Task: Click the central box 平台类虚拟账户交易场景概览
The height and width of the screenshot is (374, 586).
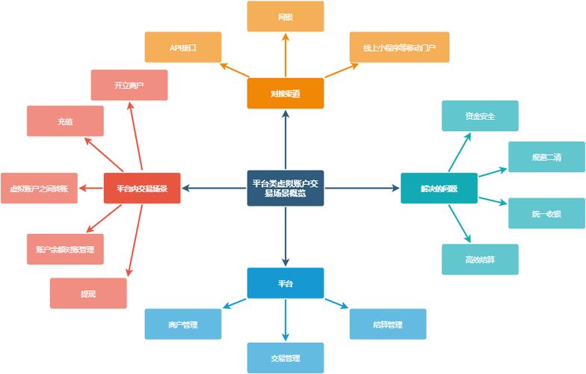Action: tap(286, 188)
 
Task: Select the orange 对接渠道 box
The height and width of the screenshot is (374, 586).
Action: tap(286, 93)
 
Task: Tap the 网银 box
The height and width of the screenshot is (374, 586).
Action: tap(286, 16)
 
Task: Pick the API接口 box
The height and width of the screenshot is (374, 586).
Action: tap(183, 47)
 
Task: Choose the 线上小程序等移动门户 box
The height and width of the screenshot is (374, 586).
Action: tap(399, 47)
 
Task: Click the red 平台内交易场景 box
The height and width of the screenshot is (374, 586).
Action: tap(142, 188)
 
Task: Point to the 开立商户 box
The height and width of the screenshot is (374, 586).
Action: tap(129, 85)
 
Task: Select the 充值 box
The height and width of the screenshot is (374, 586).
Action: tap(65, 121)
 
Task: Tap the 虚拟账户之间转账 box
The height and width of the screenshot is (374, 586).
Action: tap(39, 188)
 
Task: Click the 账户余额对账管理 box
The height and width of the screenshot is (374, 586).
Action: tap(65, 248)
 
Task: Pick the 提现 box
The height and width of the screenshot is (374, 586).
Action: tap(88, 293)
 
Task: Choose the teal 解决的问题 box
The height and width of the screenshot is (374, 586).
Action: tap(439, 188)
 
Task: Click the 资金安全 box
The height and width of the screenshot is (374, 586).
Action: tap(480, 116)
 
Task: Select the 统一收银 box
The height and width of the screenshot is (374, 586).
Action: tap(547, 213)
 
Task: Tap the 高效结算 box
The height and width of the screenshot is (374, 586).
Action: tap(480, 260)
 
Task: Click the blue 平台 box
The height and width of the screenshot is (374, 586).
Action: tap(286, 283)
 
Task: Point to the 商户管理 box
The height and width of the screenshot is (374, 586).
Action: tap(183, 325)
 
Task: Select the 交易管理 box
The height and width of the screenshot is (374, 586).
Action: tap(286, 358)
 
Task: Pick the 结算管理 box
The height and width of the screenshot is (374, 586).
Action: tap(387, 325)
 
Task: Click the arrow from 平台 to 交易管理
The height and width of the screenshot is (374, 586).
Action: tap(286, 320)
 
